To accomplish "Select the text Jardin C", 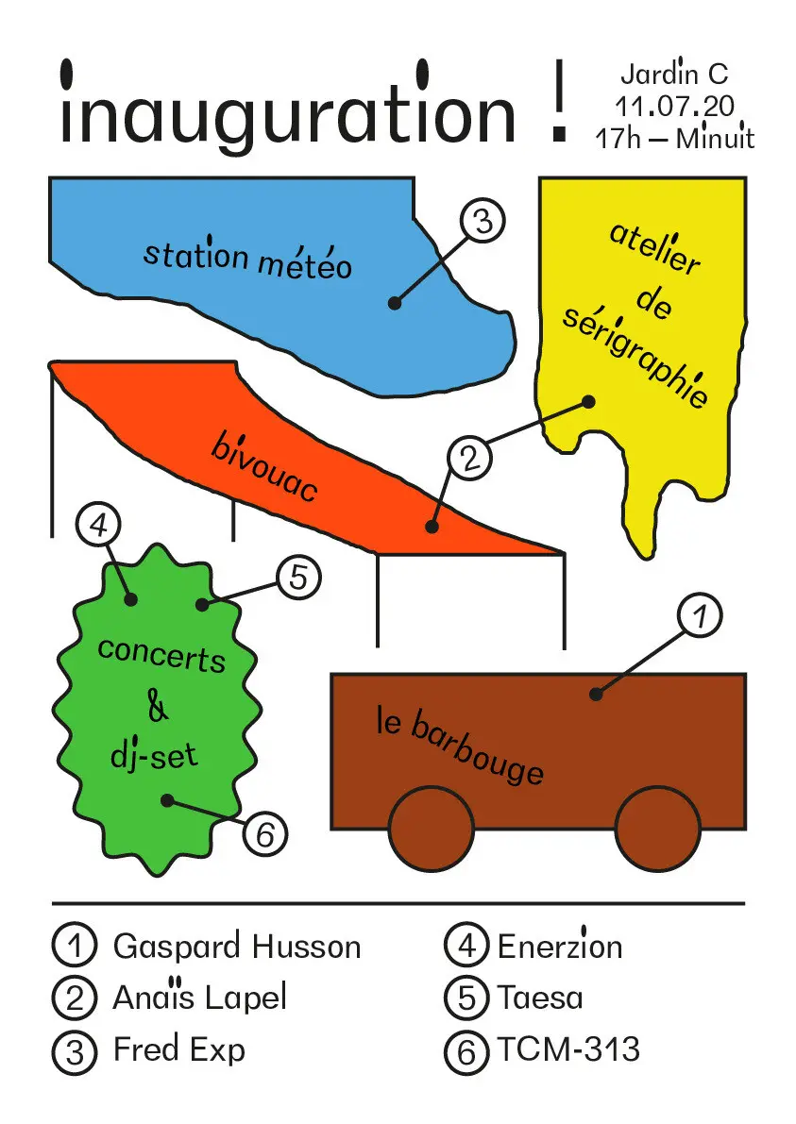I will (674, 75).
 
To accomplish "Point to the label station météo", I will (248, 258).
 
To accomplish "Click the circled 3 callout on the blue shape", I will (483, 224).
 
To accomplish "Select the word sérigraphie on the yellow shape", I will (635, 359).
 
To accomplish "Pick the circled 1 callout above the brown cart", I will (699, 618).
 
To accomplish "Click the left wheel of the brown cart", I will (431, 828).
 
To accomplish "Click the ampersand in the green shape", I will (159, 706).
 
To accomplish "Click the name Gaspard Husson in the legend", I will (236, 946).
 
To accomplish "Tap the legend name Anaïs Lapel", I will (199, 997).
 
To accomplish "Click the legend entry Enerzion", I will (560, 946).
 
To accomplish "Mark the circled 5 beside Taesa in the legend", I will (466, 998).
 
